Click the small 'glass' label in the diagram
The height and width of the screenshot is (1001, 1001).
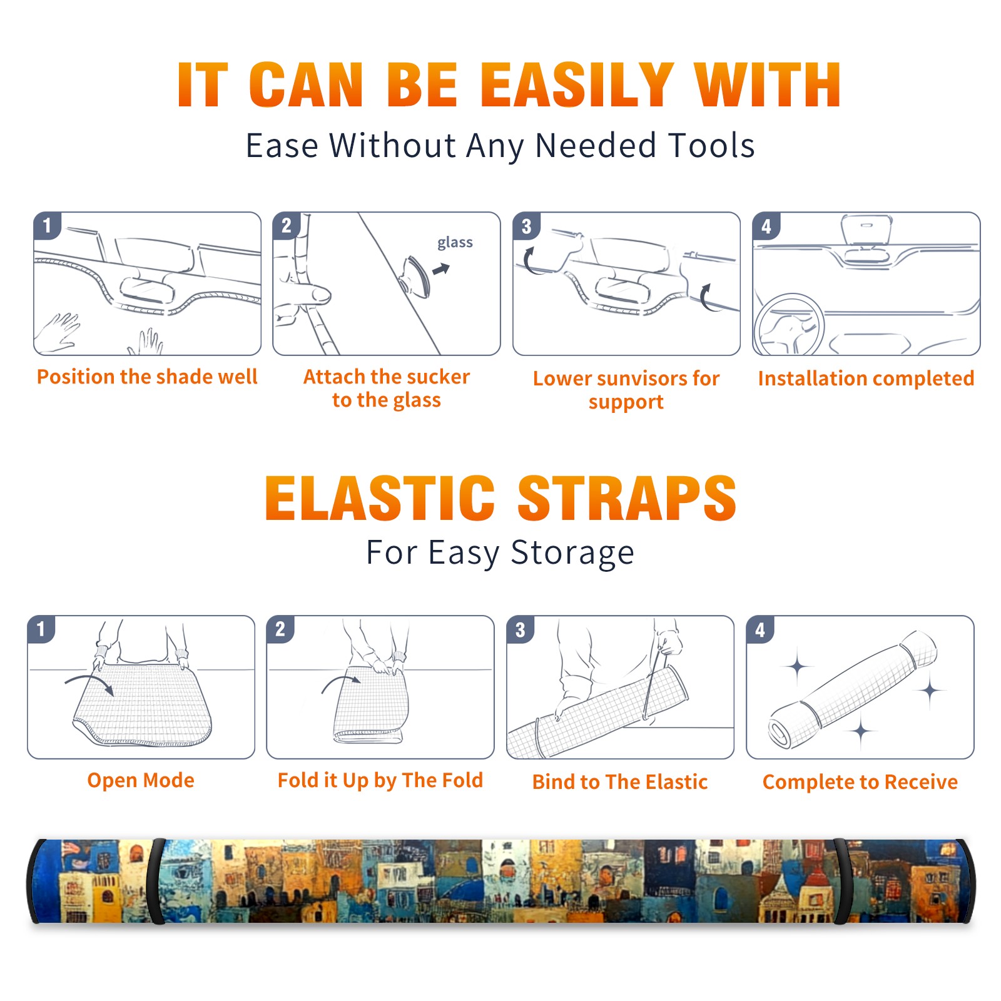(455, 242)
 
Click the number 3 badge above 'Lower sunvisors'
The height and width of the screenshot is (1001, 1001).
(526, 226)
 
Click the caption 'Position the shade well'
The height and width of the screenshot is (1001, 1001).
(147, 377)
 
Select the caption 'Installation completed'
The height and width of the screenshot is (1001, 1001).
(866, 378)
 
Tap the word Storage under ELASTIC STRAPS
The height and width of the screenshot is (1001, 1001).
(572, 552)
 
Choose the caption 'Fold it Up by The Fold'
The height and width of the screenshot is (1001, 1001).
(380, 780)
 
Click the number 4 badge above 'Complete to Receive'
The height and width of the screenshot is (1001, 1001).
(760, 629)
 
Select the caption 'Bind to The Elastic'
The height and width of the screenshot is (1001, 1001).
(620, 782)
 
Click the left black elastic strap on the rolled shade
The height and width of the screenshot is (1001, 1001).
(156, 881)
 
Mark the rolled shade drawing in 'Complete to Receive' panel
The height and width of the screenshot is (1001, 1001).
(853, 689)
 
